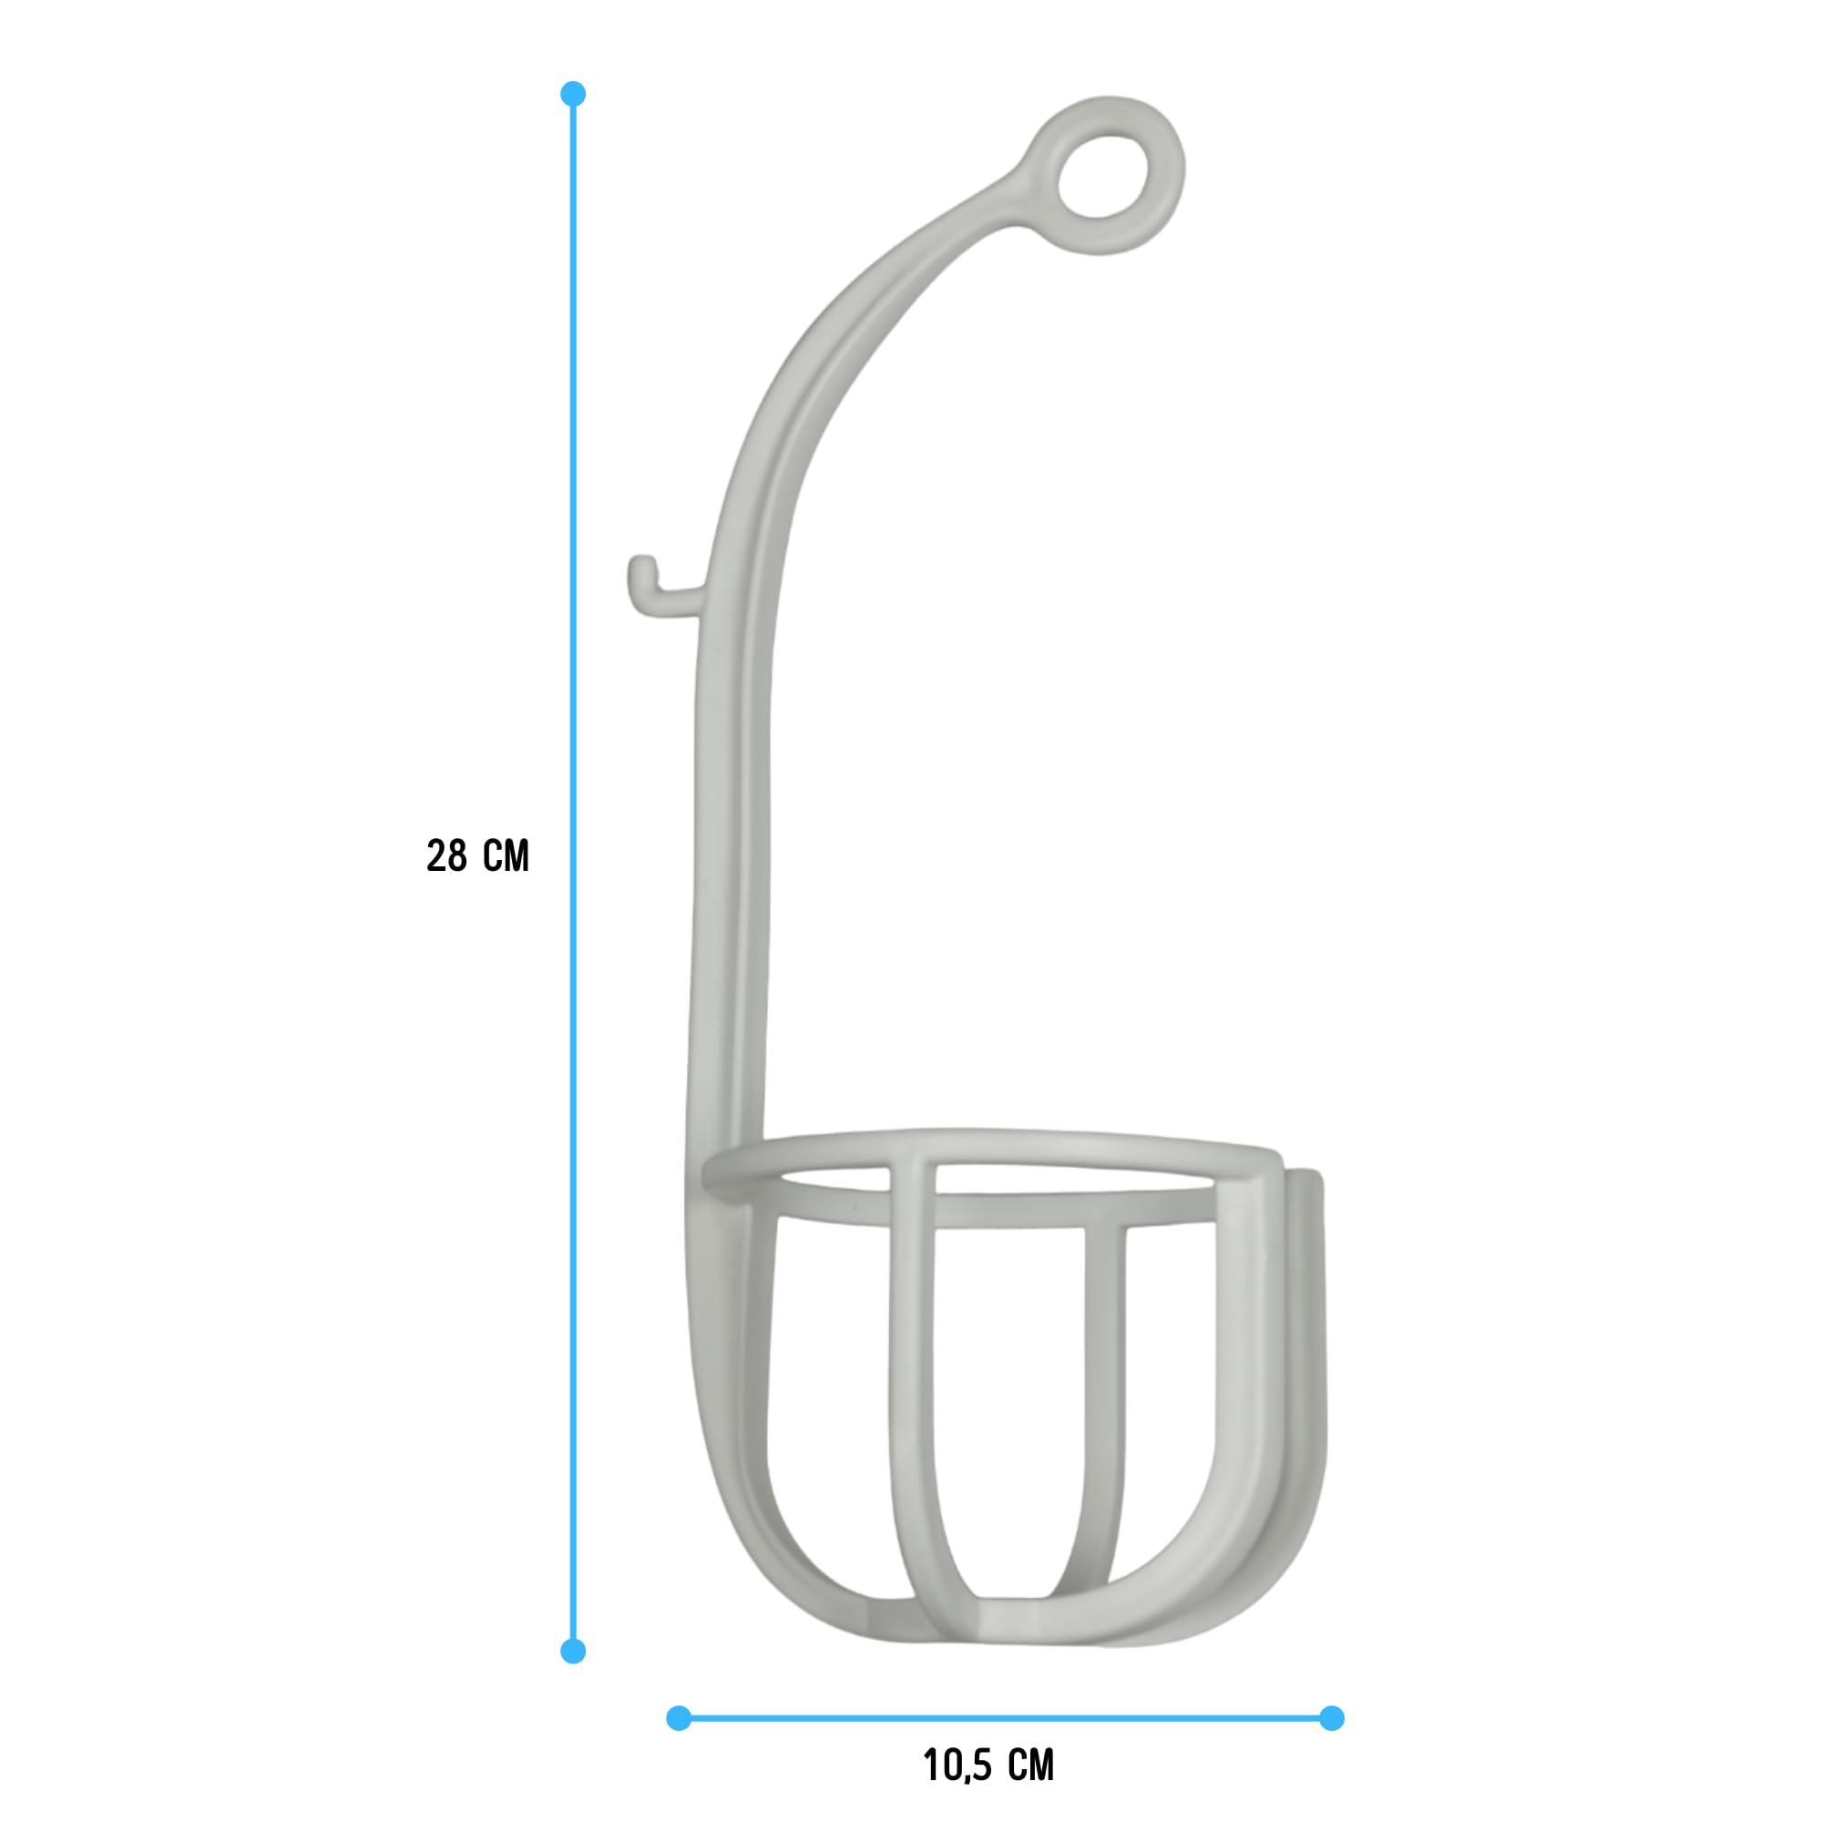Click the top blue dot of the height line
[x=572, y=93]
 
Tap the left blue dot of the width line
[x=678, y=1718]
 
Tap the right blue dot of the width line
[x=1331, y=1718]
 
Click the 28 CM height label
[x=477, y=855]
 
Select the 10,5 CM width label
[x=988, y=1766]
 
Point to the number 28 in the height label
[x=447, y=855]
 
